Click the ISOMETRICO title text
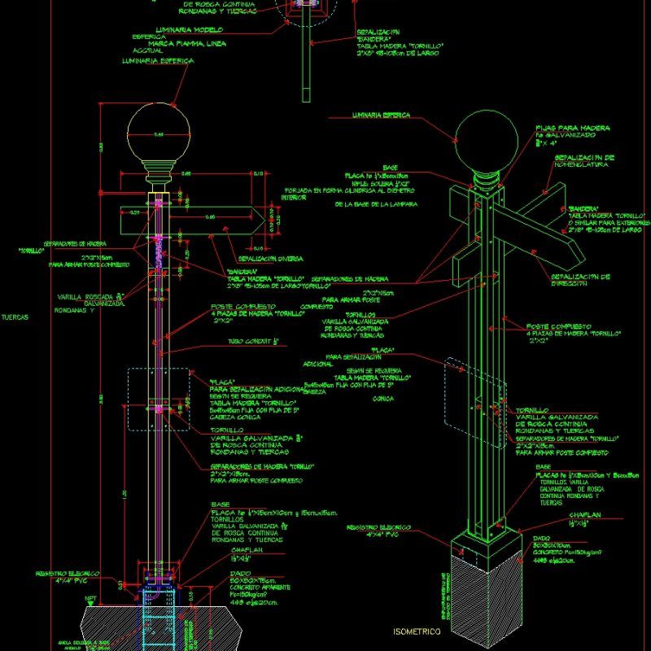click(x=417, y=631)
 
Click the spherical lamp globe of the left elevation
click(x=159, y=134)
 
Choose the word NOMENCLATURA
click(x=583, y=164)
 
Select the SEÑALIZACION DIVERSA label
click(x=267, y=259)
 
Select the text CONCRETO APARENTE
click(x=241, y=587)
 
